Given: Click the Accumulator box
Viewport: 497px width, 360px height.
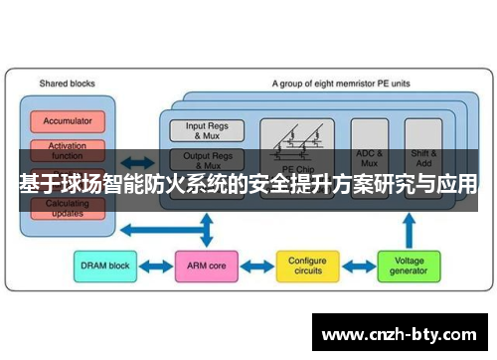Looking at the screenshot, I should [67, 121].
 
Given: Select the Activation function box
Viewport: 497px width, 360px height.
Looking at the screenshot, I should [67, 150].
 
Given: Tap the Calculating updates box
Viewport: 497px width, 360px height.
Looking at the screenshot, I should [67, 207].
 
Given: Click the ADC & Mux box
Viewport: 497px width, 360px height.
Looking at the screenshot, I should [369, 157].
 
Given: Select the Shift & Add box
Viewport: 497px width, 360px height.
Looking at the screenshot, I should [422, 157].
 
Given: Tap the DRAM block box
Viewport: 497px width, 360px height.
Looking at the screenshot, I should [103, 266].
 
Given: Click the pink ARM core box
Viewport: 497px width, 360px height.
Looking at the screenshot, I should [205, 266].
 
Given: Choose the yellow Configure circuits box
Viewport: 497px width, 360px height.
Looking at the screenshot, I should [307, 266].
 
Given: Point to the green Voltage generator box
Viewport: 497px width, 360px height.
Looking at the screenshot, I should [409, 266].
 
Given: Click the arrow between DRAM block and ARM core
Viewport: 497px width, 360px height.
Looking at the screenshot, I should [154, 266].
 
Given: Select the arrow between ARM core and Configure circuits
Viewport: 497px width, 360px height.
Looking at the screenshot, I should [256, 266].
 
